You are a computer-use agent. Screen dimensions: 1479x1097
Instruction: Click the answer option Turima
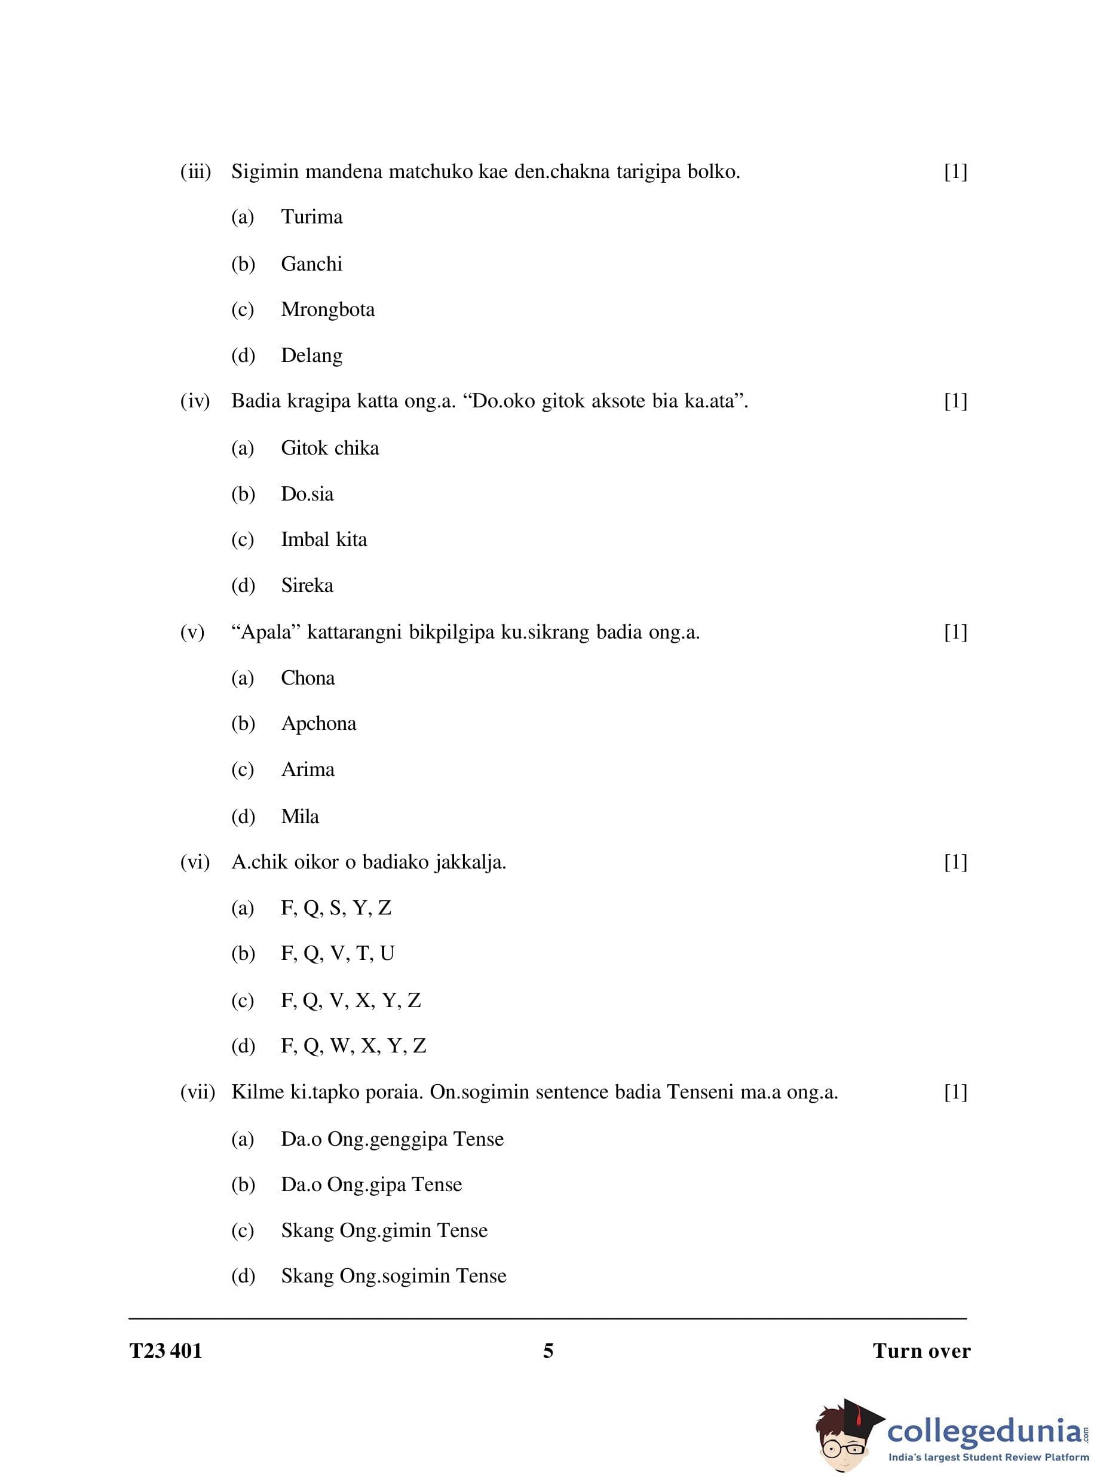tap(311, 217)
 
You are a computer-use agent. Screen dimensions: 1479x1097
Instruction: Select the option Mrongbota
tap(327, 309)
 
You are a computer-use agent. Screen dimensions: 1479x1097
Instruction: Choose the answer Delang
tap(311, 355)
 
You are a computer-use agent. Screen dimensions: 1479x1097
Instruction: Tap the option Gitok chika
tap(329, 448)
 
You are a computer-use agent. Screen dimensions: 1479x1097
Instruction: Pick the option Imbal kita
tap(323, 539)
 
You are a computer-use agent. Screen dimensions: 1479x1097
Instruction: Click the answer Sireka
tap(307, 585)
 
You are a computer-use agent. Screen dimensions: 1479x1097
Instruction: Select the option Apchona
tap(318, 723)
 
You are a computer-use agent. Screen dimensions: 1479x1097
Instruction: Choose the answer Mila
tap(299, 816)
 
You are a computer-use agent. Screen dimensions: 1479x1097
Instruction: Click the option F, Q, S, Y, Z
tap(336, 907)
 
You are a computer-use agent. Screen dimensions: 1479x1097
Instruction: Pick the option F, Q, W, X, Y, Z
tap(353, 1045)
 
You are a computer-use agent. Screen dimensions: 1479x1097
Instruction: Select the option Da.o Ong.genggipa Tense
tap(392, 1139)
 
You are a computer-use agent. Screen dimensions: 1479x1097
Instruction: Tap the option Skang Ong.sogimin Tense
tap(393, 1275)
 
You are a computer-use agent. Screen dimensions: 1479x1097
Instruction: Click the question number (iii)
tap(195, 172)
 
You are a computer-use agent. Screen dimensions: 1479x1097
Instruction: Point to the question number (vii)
tap(197, 1092)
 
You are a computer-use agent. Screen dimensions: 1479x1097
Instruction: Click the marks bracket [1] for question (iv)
tap(955, 401)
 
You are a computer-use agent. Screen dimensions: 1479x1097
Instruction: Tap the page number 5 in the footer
tap(548, 1351)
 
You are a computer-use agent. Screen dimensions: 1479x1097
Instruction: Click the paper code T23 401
tap(166, 1351)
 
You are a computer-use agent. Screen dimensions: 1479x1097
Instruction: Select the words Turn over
tap(921, 1351)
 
